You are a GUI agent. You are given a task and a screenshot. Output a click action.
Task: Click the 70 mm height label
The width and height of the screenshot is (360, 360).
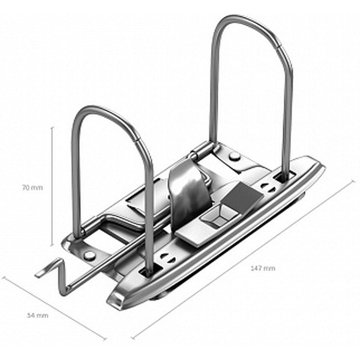[x=32, y=188]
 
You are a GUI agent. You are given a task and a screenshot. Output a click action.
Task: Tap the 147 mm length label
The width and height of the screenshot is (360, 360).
[x=263, y=268]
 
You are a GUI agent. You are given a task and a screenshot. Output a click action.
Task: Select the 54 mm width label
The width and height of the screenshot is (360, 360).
[x=38, y=316]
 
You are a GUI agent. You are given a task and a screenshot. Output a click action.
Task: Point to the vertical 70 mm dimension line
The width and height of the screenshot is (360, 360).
[x=52, y=186]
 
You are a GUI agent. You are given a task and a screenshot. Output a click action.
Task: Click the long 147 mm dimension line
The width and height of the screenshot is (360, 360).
[x=243, y=259]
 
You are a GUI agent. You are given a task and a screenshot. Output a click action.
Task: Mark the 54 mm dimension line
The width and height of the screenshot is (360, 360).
[x=54, y=308]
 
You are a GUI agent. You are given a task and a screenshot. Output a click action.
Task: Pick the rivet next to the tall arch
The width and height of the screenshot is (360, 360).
[x=235, y=157]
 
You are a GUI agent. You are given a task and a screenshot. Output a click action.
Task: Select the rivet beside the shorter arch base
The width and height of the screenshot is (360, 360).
[x=89, y=256]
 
